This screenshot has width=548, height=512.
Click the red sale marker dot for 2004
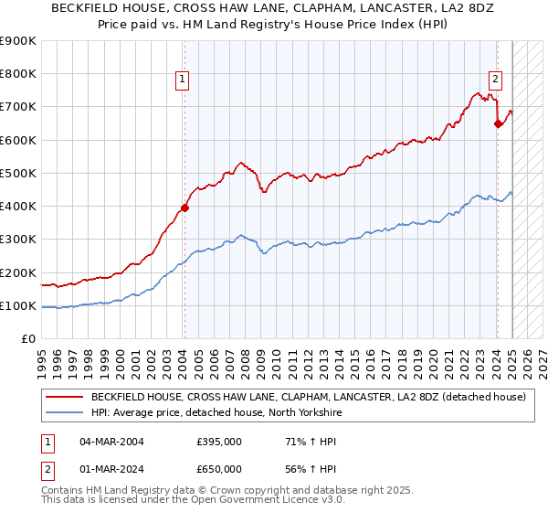(x=184, y=208)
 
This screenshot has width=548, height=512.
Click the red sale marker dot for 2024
(x=498, y=123)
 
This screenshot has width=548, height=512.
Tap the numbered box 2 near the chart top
(x=494, y=79)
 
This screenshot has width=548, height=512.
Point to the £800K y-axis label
(x=18, y=74)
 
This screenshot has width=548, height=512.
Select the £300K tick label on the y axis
(x=18, y=240)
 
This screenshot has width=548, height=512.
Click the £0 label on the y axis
(x=27, y=339)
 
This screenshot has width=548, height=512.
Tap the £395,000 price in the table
(x=218, y=442)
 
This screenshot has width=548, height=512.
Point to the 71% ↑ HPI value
(x=300, y=442)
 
